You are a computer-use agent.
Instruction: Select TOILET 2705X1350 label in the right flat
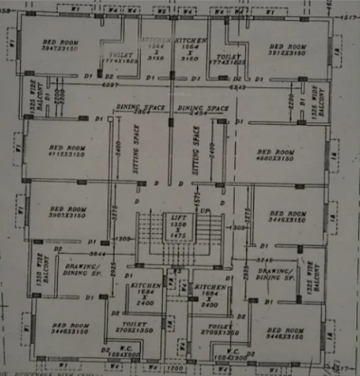(x=215, y=329)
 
